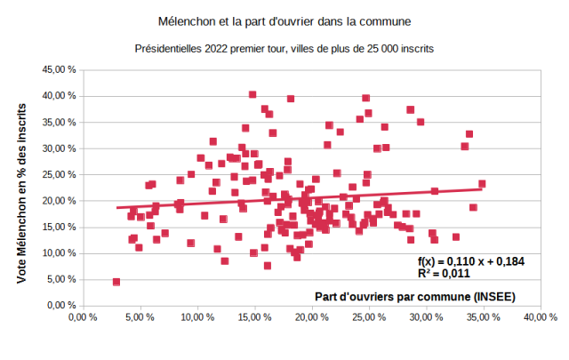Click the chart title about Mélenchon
click(x=284, y=19)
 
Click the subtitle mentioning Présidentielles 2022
click(x=284, y=48)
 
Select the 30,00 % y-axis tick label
click(x=56, y=148)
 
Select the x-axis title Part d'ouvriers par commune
click(x=414, y=295)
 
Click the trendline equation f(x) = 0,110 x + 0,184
click(x=469, y=260)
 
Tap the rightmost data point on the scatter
click(x=482, y=184)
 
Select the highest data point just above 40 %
click(x=252, y=94)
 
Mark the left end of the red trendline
click(x=116, y=207)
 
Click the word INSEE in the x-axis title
click(x=493, y=295)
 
